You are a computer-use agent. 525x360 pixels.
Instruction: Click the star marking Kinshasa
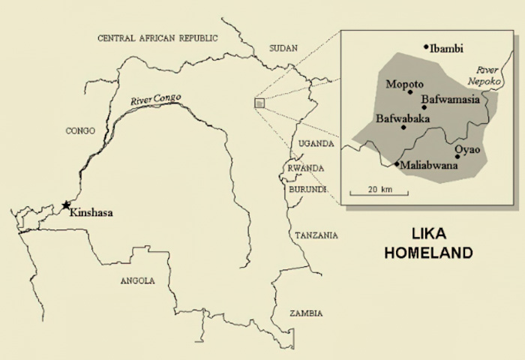pos(67,205)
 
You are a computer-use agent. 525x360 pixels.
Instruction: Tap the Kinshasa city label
pos(93,213)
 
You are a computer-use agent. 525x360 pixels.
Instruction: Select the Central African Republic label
pos(157,37)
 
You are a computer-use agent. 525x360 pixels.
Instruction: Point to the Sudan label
pos(283,48)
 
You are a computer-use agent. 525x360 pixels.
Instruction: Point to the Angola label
pos(137,280)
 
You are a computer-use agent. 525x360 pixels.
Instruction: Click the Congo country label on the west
pos(80,130)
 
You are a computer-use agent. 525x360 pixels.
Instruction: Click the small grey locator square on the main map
pos(259,103)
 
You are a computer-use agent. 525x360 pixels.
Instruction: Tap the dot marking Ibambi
pos(426,46)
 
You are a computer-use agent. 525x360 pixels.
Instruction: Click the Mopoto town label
pos(405,83)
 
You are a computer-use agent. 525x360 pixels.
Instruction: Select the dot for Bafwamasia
pos(424,107)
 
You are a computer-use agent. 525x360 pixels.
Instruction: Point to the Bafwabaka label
pos(402,118)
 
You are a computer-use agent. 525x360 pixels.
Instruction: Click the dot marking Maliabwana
pos(397,163)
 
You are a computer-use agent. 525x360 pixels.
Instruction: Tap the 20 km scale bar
pos(380,193)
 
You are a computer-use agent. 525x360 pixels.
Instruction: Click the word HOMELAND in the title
pos(428,253)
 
